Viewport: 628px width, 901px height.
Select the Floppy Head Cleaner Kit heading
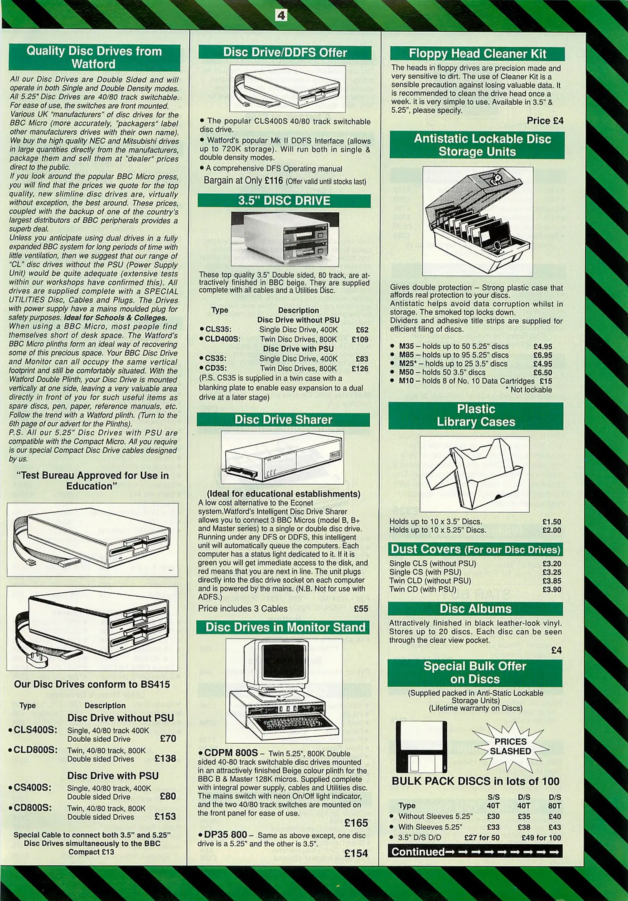coord(477,54)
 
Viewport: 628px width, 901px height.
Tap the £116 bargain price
coord(273,181)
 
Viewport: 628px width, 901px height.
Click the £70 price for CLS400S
coord(168,739)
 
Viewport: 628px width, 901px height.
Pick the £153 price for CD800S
coord(165,817)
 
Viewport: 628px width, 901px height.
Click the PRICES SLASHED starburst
coord(510,746)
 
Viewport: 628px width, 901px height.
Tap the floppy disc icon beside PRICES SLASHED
coord(421,746)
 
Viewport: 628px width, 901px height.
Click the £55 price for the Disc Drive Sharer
coord(361,609)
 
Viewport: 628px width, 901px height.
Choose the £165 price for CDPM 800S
coord(356,823)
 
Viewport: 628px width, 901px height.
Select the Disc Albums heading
coord(475,609)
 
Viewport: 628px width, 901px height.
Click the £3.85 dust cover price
coord(552,581)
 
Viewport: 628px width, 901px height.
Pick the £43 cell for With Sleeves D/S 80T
coord(555,827)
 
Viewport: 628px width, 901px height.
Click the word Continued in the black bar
coord(418,851)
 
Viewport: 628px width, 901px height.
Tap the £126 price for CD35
coord(360,369)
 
